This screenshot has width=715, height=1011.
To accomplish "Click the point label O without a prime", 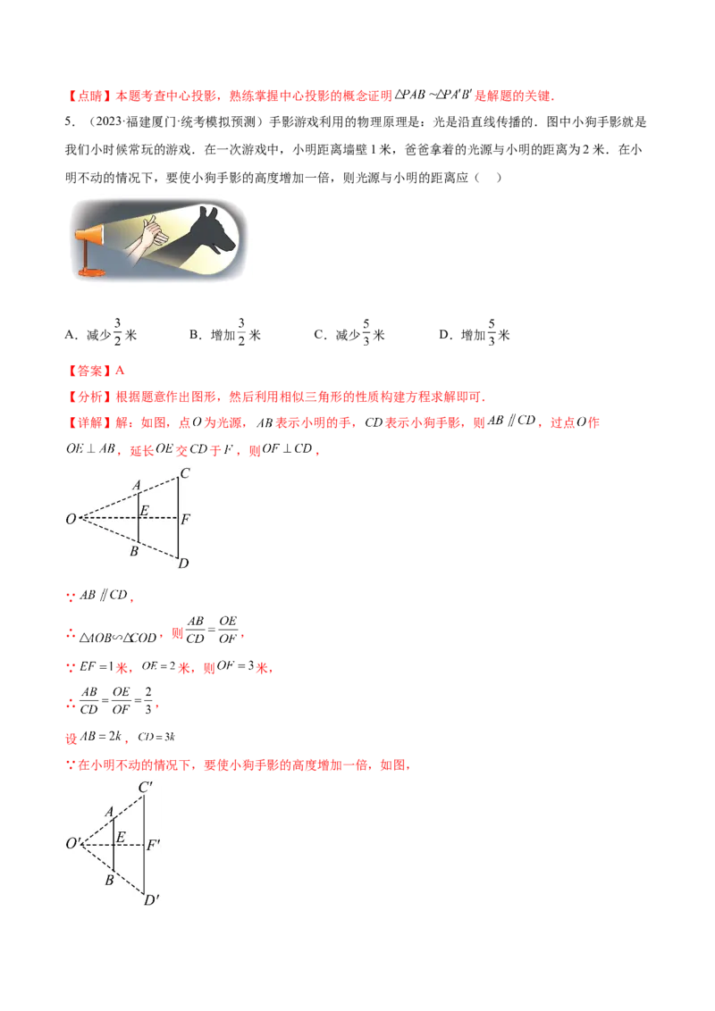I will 71,518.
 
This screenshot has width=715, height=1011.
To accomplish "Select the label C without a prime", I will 184,472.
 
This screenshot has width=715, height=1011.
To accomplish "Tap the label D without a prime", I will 183,563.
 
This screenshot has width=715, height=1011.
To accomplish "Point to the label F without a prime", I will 185,518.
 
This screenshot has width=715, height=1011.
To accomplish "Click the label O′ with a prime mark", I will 73,842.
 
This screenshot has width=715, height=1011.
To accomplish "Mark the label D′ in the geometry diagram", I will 150,899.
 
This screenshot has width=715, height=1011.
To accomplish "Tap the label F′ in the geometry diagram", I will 153,842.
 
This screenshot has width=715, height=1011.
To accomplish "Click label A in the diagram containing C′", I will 108,812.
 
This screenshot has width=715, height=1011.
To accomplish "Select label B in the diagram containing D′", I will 108,880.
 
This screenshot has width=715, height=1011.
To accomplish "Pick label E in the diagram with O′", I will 121,837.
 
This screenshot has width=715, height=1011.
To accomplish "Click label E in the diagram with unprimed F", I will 145,511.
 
